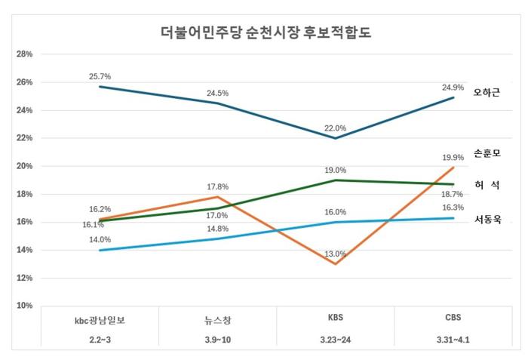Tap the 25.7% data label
[100, 77]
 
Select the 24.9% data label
[453, 87]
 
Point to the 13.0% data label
[335, 254]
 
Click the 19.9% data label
[453, 158]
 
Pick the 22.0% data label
[335, 128]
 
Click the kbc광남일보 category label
[100, 318]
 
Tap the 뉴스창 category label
[217, 318]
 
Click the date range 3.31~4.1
[453, 340]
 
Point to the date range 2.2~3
[100, 340]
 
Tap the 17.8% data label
[217, 186]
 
